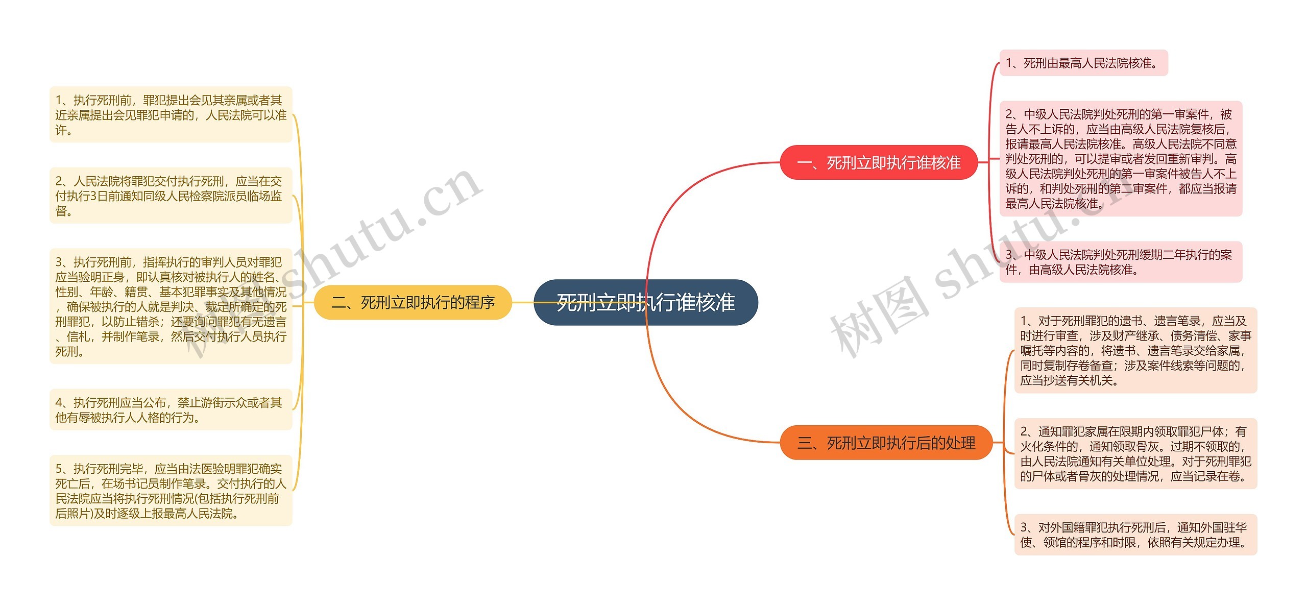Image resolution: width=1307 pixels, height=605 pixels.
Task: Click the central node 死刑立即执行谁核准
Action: pos(645,302)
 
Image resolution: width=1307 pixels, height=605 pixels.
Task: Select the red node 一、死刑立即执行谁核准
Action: pos(878,162)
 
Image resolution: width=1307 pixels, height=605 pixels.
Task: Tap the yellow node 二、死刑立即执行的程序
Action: pos(413,302)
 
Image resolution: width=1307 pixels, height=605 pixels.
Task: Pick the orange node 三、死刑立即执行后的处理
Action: pos(886,442)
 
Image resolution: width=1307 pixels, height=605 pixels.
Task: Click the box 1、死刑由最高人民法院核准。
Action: pos(1083,63)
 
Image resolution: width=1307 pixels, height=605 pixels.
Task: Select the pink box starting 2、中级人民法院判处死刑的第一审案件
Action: pos(1121,158)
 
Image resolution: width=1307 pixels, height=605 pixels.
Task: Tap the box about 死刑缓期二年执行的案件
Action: pos(1121,262)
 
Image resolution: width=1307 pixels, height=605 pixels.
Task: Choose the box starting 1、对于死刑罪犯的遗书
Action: pos(1135,350)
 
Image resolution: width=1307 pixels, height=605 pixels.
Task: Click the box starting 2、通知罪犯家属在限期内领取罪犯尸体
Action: pos(1135,453)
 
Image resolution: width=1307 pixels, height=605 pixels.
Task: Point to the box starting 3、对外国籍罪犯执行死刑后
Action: pos(1135,535)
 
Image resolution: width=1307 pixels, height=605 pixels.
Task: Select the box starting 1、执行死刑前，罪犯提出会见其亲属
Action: pos(171,114)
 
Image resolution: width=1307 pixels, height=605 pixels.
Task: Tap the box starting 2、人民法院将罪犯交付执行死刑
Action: pos(171,196)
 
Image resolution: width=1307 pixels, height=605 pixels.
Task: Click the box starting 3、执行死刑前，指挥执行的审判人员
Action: pos(171,306)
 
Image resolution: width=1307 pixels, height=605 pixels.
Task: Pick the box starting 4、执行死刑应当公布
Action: pos(171,409)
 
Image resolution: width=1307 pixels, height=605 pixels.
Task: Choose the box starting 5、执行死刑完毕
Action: pos(171,491)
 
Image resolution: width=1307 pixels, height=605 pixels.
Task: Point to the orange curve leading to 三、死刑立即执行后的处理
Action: pos(679,403)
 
